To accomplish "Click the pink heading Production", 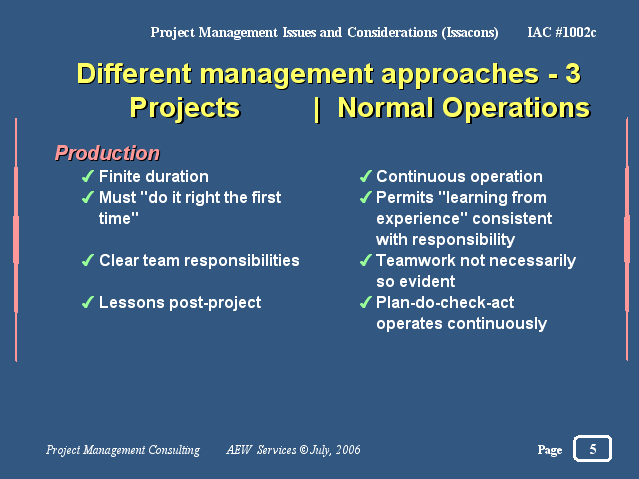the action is point(107,153).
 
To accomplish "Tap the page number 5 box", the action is point(592,448).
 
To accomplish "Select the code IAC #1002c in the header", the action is point(562,32).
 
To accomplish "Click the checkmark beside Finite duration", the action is point(88,176).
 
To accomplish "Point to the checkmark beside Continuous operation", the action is point(366,176).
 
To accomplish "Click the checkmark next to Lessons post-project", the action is point(88,302).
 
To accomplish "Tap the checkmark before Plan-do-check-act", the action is point(366,302).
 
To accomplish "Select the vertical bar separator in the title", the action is point(317,109).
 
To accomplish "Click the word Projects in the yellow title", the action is point(185,108).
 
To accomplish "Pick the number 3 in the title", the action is point(573,73).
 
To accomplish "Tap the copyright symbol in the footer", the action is point(304,449).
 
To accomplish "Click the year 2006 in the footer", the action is point(348,449).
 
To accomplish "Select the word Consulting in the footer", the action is point(174,450).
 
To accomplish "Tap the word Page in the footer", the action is point(550,450).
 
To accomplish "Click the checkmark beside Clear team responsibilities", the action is point(88,260).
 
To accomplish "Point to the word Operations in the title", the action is point(516,108).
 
